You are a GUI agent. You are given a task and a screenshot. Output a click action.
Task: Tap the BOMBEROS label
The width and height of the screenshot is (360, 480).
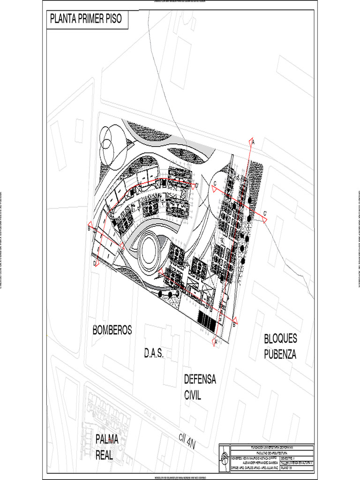pos(112,330)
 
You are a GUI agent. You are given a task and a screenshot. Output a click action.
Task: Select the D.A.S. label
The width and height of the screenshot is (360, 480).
pos(154,354)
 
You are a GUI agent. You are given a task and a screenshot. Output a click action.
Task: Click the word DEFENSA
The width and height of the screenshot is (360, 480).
pos(200,379)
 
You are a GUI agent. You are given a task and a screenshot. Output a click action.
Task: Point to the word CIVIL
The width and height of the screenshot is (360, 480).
pos(193,395)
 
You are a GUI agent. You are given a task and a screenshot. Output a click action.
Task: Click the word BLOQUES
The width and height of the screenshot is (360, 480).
pos(280,339)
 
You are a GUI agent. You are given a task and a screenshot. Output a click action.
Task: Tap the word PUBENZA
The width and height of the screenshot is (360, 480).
pos(280,354)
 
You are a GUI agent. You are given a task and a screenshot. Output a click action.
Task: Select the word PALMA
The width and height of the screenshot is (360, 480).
pos(108,439)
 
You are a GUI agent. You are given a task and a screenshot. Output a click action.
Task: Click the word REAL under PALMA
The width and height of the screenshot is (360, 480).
pos(105,454)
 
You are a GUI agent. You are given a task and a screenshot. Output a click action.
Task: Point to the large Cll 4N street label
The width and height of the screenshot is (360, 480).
pos(187,441)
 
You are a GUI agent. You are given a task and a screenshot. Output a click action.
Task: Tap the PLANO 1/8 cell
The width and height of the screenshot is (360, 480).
pos(287,467)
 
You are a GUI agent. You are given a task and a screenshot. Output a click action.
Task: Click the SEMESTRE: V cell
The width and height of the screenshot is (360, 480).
pos(289,458)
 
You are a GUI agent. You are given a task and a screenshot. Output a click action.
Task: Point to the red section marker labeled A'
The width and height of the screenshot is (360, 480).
pos(216,342)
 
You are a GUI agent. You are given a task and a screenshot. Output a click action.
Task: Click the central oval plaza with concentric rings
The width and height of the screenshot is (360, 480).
pos(149,248)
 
